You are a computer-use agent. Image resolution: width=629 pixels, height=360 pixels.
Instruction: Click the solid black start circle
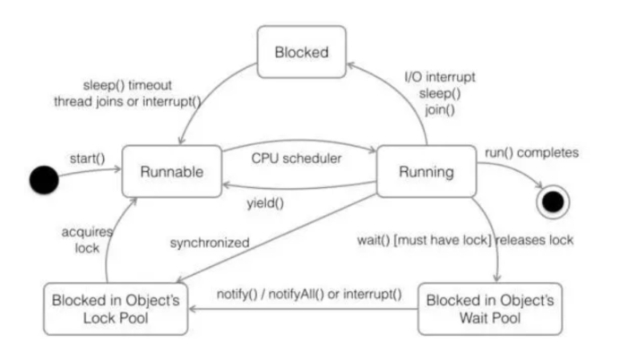pyautogui.click(x=43, y=179)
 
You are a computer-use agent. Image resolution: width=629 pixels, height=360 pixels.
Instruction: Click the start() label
pyautogui.click(x=87, y=159)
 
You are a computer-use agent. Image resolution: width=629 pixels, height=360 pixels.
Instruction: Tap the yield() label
pyautogui.click(x=265, y=202)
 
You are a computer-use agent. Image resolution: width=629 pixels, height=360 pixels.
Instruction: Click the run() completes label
pyautogui.click(x=531, y=152)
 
